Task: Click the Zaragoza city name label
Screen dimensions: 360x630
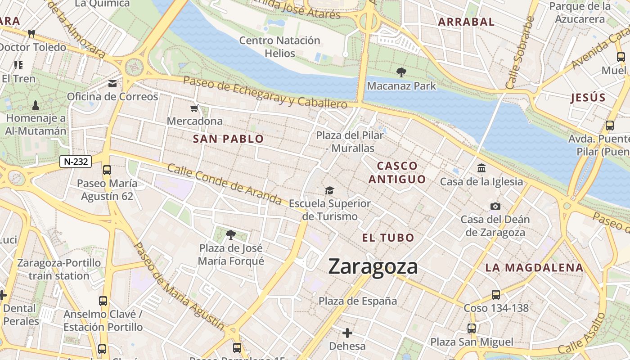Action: point(373,266)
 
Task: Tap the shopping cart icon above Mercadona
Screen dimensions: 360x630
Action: point(194,108)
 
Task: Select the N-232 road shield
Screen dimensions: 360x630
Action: point(76,162)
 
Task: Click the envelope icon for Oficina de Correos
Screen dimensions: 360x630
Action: point(112,83)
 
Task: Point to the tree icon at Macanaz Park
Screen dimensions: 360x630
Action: point(400,72)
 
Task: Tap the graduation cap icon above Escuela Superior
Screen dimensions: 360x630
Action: point(330,191)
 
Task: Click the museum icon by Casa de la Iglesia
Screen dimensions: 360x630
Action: point(481,168)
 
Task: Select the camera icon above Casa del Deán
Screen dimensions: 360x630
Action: point(495,206)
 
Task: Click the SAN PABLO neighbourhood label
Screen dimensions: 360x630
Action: point(228,139)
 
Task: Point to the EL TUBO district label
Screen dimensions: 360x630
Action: point(388,238)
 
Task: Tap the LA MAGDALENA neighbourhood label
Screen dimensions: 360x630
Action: point(534,268)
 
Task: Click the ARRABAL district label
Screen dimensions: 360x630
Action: point(466,22)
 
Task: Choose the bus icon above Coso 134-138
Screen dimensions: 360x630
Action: point(495,295)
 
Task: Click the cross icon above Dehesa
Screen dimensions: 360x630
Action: point(347,333)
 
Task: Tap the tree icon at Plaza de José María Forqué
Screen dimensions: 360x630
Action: point(231,234)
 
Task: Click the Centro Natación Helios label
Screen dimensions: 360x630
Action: point(279,47)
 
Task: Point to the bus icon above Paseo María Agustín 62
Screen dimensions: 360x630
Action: point(107,170)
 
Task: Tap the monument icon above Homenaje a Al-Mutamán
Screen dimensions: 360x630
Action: point(36,105)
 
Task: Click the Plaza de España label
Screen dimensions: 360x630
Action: point(358,301)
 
